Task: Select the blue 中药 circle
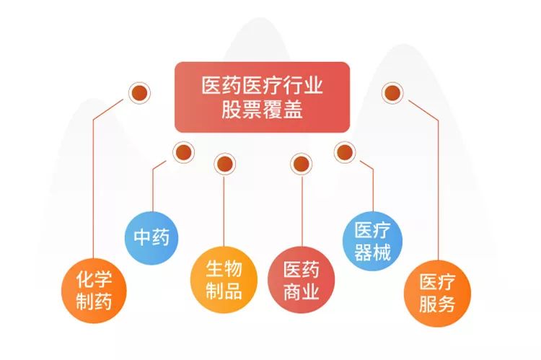[151, 237]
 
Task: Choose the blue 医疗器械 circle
[372, 242]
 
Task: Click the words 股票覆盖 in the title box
[262, 110]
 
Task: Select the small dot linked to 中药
[183, 152]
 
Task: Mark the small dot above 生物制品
[224, 163]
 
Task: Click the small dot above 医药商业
[300, 163]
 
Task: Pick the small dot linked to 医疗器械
[345, 152]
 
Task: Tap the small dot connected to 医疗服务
[392, 92]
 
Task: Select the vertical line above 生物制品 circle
[224, 209]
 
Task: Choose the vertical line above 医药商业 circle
[300, 209]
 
